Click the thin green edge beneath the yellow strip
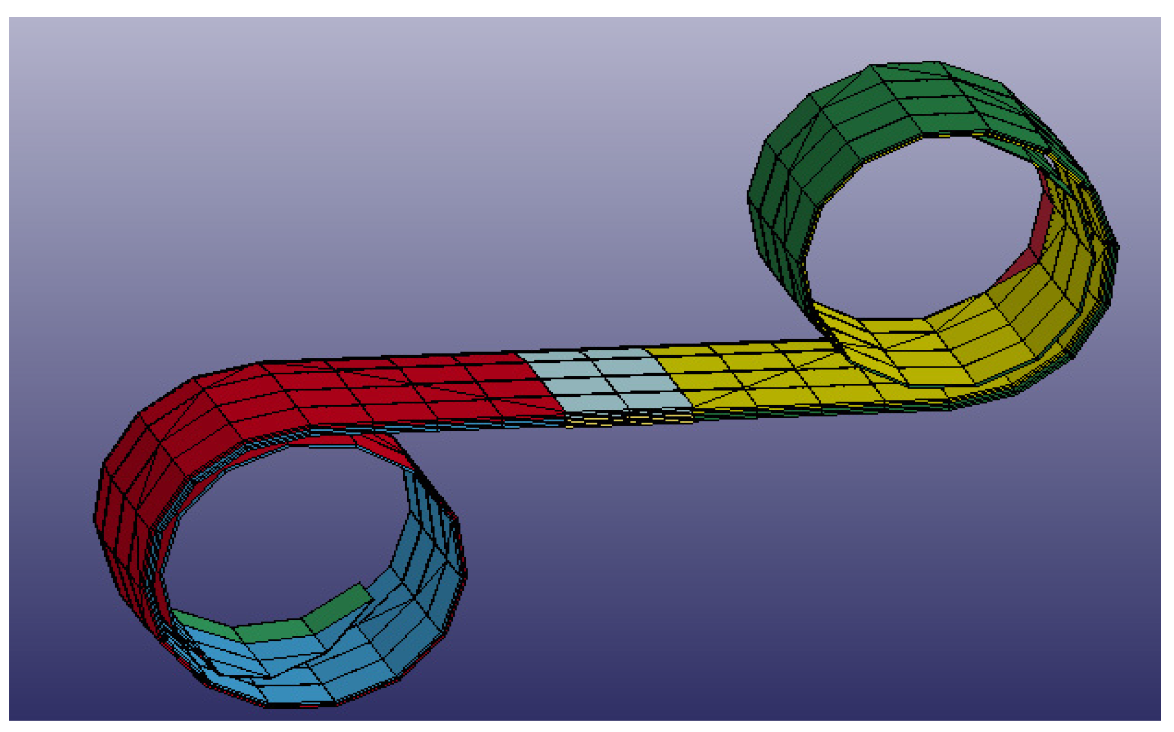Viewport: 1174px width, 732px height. [x=823, y=409]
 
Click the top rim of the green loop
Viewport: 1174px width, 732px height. [x=905, y=64]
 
